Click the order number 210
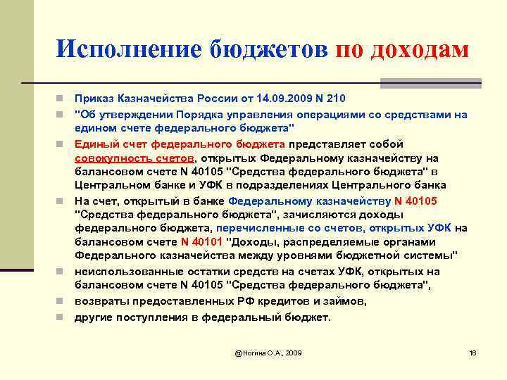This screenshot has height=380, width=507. point(337,98)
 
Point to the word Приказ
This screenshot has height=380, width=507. point(94,98)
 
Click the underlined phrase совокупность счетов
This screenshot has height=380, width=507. point(134,158)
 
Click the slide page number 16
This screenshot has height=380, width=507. point(472,352)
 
